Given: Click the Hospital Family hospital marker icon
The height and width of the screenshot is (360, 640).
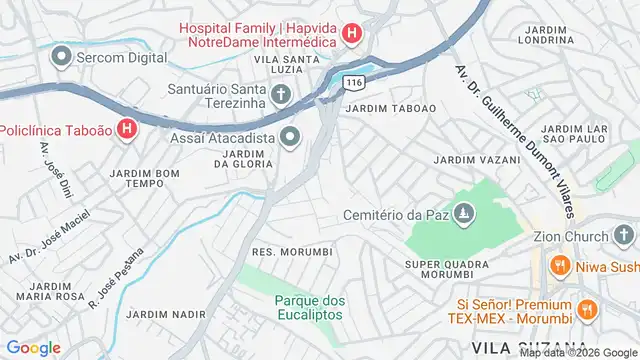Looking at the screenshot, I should click(351, 35).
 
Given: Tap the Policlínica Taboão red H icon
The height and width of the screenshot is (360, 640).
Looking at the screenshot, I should click(127, 129).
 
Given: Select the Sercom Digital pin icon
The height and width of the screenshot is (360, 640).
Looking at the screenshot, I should click(62, 59).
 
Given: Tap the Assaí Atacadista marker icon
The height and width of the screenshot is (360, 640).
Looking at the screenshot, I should click(291, 137).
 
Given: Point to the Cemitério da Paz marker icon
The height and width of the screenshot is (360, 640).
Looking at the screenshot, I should click(463, 214).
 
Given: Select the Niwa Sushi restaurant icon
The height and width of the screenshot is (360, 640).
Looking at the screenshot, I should click(560, 267).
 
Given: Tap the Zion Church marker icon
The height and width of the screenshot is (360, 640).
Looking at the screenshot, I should click(625, 236).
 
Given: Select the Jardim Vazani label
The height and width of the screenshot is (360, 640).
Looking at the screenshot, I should click(476, 160).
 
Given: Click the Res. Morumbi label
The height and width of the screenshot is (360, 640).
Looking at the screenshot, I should click(292, 251).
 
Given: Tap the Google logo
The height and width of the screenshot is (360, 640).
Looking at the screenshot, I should click(33, 347).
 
